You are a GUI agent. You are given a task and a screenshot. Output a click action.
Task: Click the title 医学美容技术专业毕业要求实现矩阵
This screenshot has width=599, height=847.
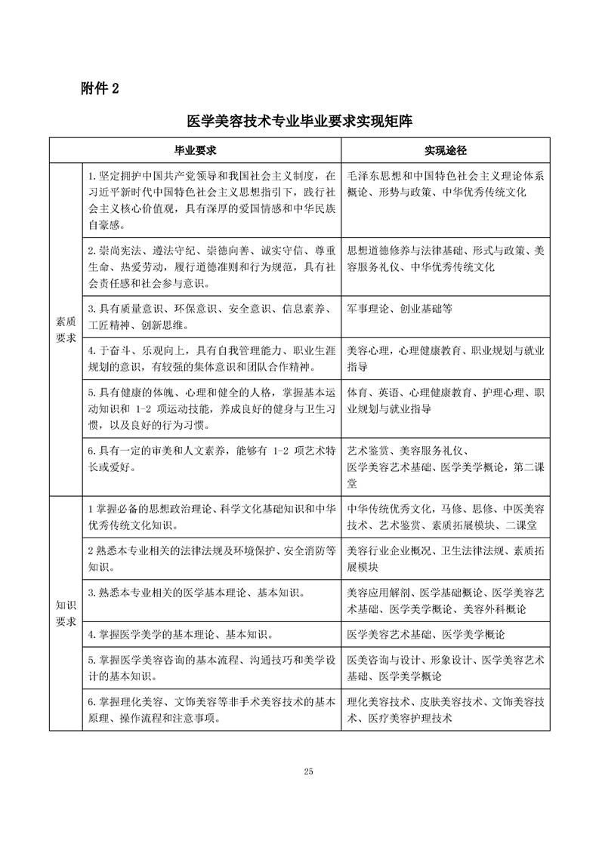coord(299,122)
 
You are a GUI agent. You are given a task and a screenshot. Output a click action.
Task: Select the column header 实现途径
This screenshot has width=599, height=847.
coord(444,150)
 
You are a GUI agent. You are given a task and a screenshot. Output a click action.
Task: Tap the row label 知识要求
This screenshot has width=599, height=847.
coord(66,613)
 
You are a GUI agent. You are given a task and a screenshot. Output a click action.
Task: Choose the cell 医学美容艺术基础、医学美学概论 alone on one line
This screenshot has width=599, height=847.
coord(425,633)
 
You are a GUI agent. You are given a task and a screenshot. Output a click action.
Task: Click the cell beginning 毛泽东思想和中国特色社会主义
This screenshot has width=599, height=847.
coord(446,183)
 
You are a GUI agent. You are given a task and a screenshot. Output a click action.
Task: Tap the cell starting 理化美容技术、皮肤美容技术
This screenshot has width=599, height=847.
coord(446,710)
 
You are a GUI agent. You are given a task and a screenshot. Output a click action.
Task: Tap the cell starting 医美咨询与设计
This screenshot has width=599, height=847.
coord(446,667)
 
